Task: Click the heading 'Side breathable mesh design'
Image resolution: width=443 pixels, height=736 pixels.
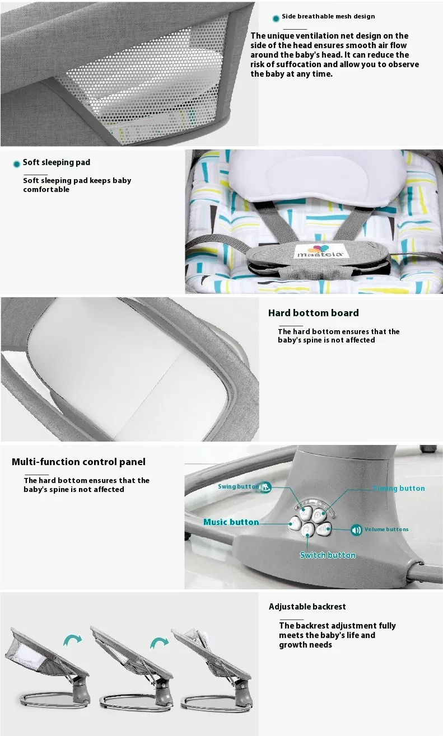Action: click(x=328, y=16)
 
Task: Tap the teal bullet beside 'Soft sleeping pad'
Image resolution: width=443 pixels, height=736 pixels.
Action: click(x=16, y=164)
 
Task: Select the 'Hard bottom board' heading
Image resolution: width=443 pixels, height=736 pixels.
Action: click(x=314, y=313)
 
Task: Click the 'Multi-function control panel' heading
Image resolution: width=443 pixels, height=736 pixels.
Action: click(x=78, y=462)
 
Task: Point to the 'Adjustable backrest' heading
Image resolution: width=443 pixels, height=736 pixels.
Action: click(x=307, y=607)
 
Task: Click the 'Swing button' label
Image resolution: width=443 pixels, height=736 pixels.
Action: click(x=239, y=486)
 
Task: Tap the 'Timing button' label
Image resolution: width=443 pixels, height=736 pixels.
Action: click(x=399, y=488)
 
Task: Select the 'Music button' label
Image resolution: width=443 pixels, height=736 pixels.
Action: click(x=231, y=522)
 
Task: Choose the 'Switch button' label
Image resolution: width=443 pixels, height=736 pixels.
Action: click(x=328, y=555)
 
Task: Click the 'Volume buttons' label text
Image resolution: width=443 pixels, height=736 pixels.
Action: click(x=386, y=529)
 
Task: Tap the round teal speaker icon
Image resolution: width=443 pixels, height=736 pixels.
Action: click(x=356, y=530)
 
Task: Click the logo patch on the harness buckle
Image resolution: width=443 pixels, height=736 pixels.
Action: click(x=319, y=251)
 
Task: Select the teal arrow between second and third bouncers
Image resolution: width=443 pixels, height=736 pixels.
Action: click(x=159, y=643)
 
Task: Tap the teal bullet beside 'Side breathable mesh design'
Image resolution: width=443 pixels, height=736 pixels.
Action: click(x=276, y=18)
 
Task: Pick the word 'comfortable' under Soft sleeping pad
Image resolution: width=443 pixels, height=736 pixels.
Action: click(x=46, y=190)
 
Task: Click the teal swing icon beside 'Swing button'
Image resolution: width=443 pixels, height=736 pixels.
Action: click(x=265, y=487)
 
